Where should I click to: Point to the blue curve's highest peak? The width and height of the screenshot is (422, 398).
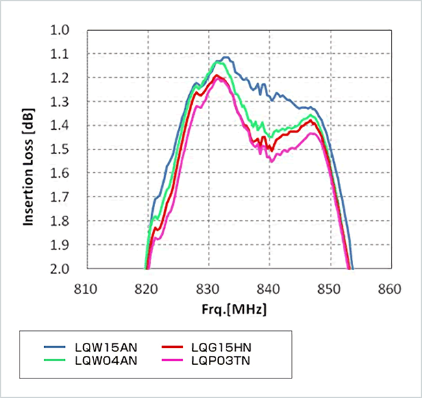click(x=225, y=58)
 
